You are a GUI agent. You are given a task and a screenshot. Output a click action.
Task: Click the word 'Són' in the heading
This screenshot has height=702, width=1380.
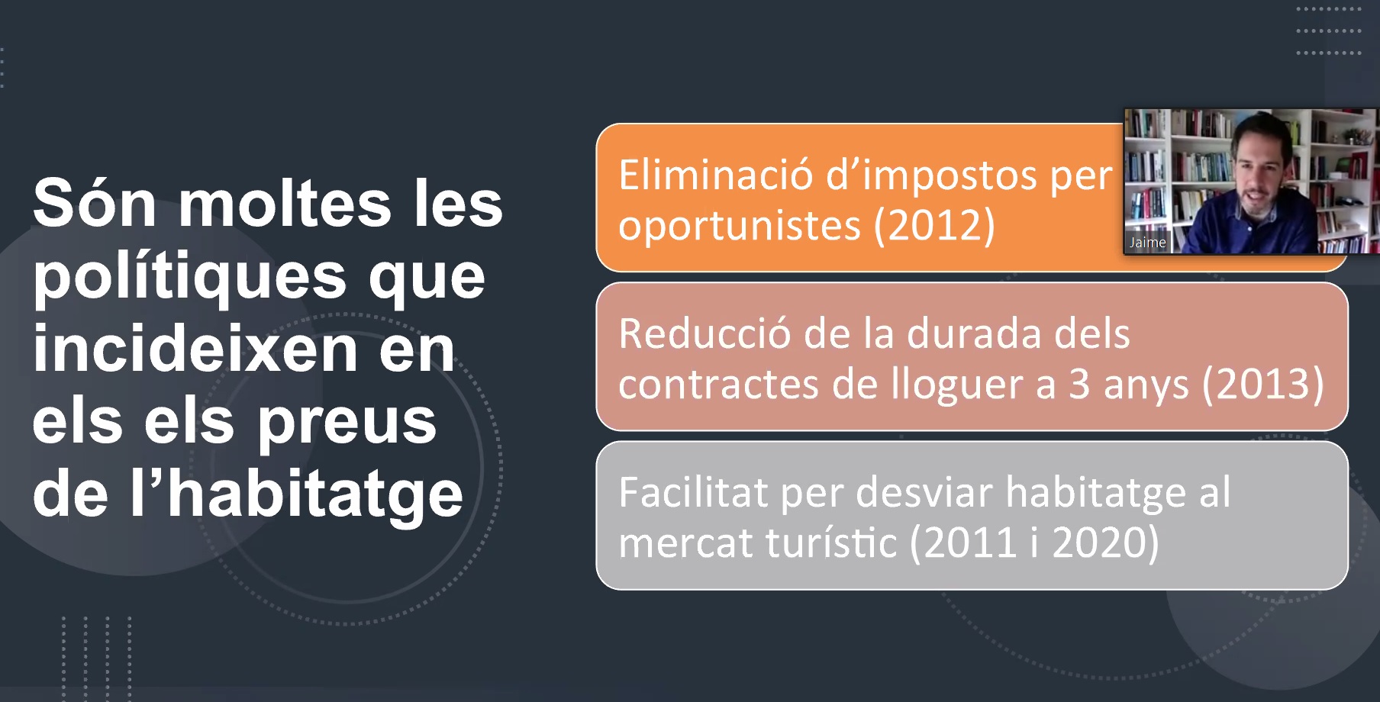click(x=95, y=202)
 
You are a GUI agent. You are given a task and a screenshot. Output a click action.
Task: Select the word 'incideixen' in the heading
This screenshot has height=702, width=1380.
click(x=195, y=348)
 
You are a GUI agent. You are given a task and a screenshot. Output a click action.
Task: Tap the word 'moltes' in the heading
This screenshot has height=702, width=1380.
click(x=285, y=202)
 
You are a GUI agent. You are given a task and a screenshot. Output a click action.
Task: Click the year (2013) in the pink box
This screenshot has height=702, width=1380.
click(x=1263, y=385)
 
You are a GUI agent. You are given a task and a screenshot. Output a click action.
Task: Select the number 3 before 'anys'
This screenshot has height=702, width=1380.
click(x=1079, y=385)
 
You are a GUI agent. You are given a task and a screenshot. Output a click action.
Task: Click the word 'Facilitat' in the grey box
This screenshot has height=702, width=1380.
click(x=693, y=492)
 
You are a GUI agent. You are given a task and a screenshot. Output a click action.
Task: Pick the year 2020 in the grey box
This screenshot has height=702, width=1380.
click(x=1099, y=543)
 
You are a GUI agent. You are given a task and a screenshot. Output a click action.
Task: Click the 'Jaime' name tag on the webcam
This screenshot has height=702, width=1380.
click(x=1147, y=243)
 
